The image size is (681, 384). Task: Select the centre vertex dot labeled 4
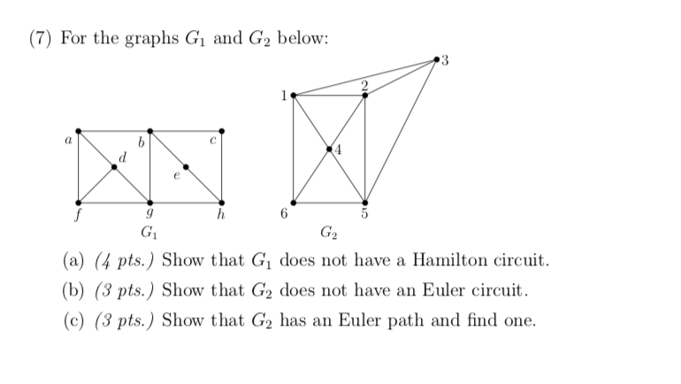coord(329,149)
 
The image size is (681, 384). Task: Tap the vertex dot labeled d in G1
coord(114,165)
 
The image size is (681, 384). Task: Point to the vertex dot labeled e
coord(186,165)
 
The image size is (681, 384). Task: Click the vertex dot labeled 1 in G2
coord(294,95)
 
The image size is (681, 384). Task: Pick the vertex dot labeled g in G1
coord(149,202)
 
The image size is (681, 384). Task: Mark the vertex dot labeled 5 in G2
coord(365,202)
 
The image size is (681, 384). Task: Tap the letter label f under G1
coord(78,215)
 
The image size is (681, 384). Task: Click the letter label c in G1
coord(214,139)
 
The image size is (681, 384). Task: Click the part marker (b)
coord(73,290)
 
